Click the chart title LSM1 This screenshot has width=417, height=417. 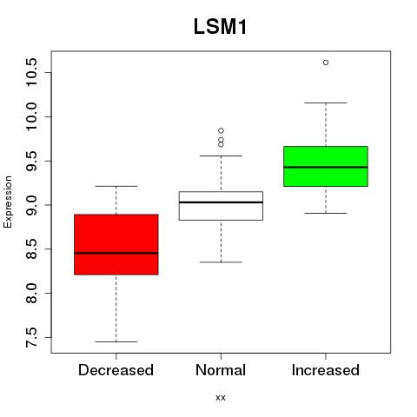(x=220, y=27)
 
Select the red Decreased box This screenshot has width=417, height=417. (x=116, y=244)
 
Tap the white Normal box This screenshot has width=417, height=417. (x=221, y=206)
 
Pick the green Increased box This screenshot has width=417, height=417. (x=326, y=166)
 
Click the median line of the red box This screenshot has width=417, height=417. (x=116, y=253)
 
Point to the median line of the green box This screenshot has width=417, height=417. (x=326, y=167)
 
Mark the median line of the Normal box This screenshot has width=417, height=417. (x=221, y=202)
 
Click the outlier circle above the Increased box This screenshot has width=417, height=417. (x=326, y=63)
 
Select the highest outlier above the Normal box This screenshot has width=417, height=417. (x=221, y=130)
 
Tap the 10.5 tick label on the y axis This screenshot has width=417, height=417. (x=31, y=72)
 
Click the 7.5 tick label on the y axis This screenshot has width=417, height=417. (x=31, y=337)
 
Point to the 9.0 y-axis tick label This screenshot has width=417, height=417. (x=31, y=205)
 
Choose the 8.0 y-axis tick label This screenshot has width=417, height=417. (x=31, y=293)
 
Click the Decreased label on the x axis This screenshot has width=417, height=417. (x=116, y=370)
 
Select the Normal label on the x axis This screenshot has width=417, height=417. (x=221, y=370)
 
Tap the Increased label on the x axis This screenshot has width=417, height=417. (x=326, y=370)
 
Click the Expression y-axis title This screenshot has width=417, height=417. (x=8, y=202)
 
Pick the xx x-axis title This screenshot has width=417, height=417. (x=221, y=398)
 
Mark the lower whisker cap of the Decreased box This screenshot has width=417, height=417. (x=116, y=341)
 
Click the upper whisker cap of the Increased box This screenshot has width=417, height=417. (x=326, y=103)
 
